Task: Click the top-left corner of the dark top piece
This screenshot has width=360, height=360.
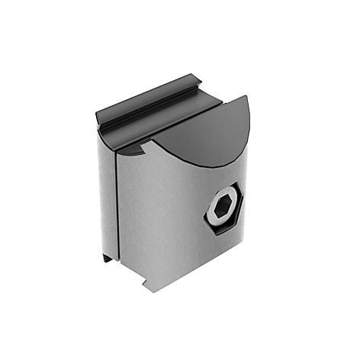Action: point(98,114)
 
